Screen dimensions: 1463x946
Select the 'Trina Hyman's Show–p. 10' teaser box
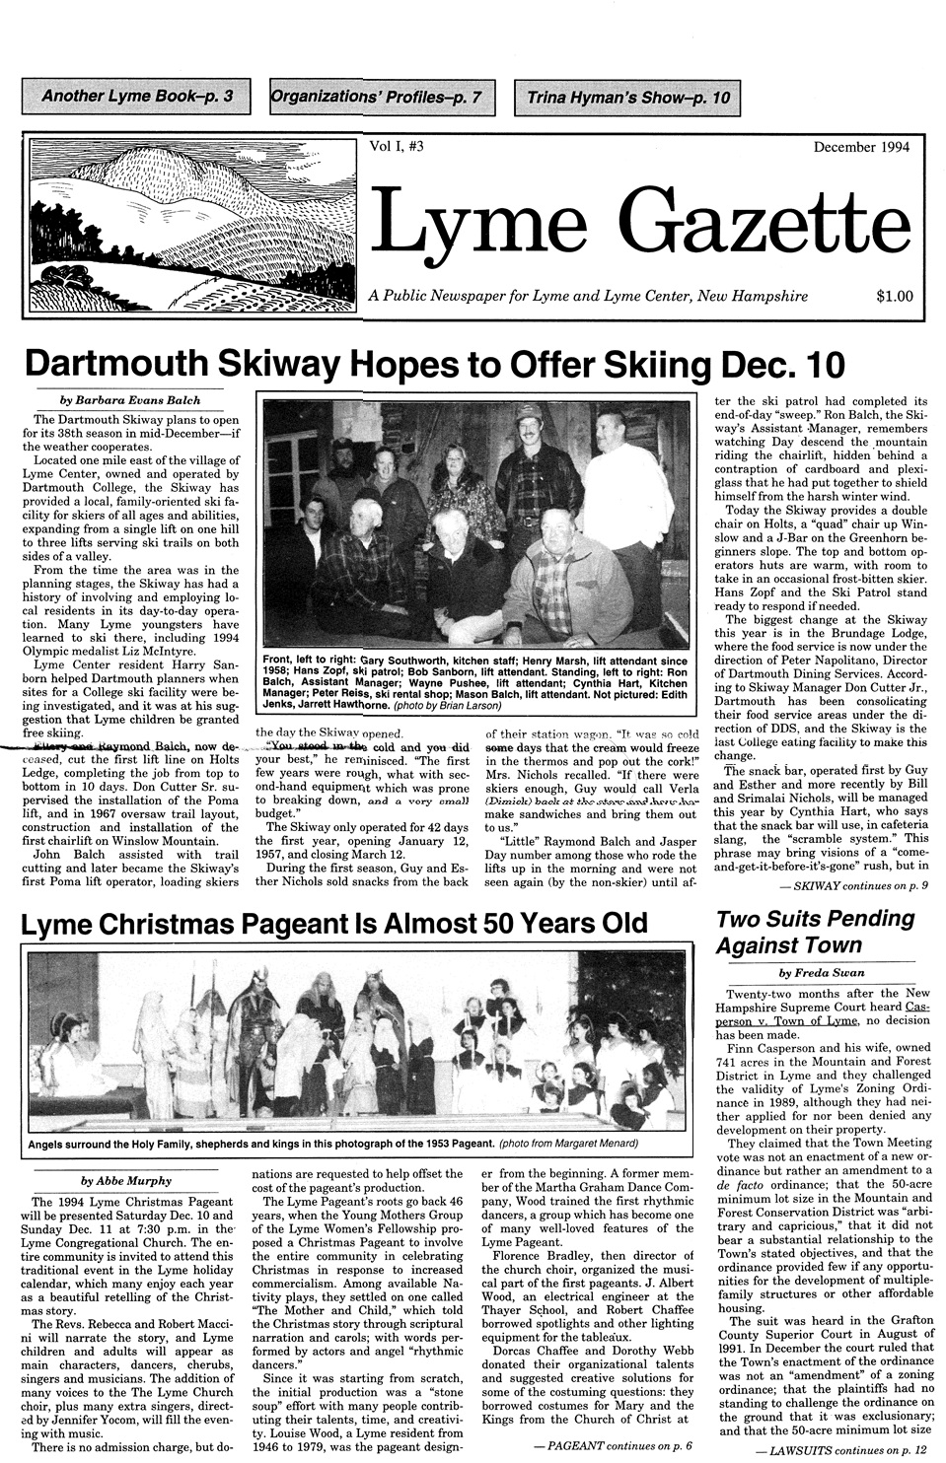coord(627,98)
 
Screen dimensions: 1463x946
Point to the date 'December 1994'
coord(861,148)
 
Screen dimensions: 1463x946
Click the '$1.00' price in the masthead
coord(894,295)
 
